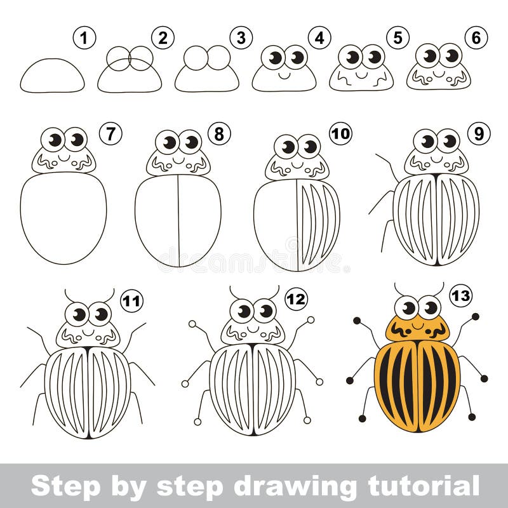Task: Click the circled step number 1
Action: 84,38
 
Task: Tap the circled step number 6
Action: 475,38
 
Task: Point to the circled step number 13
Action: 460,295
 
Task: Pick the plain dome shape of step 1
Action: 52,77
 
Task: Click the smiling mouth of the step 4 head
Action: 284,74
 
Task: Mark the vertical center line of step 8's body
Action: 178,219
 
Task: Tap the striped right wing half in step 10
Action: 317,222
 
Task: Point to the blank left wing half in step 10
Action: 275,222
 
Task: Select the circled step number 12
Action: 296,298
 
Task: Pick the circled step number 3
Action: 240,38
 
